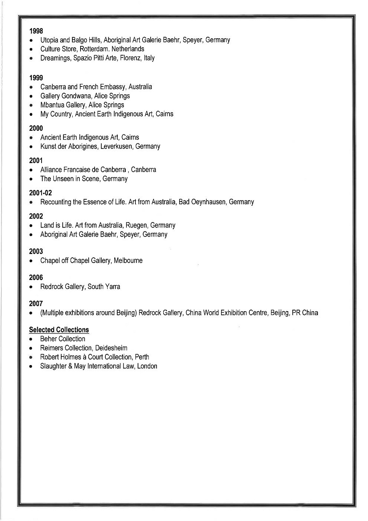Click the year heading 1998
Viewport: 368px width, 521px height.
(36, 31)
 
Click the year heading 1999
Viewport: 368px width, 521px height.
(36, 78)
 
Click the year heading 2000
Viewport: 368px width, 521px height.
(36, 128)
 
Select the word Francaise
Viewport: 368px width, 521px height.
(76, 170)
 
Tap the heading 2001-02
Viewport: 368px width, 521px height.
(40, 193)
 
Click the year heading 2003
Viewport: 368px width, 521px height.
(36, 251)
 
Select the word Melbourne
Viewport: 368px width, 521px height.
(128, 261)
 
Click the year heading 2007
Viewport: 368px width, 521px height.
(36, 303)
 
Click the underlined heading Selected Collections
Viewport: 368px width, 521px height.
(59, 330)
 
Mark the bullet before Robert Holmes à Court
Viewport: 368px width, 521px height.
(32, 357)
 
